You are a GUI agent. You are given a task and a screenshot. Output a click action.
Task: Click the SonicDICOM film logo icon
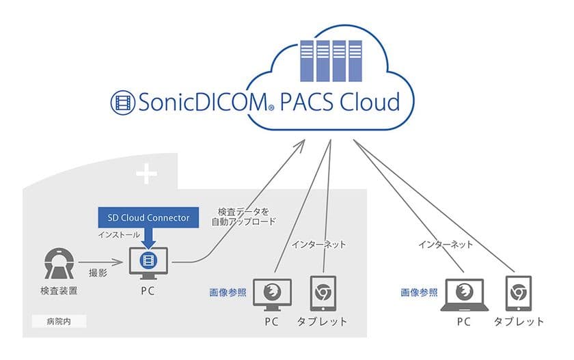pyautogui.click(x=123, y=102)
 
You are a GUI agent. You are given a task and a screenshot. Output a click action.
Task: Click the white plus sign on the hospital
pyautogui.click(x=146, y=176)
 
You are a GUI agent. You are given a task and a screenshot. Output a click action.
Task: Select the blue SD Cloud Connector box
pyautogui.click(x=148, y=217)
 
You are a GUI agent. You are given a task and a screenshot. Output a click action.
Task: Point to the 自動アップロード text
pyautogui.click(x=246, y=221)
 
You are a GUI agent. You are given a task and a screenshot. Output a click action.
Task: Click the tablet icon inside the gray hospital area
pyautogui.click(x=322, y=294)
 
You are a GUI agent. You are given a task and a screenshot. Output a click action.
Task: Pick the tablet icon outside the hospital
pyautogui.click(x=517, y=294)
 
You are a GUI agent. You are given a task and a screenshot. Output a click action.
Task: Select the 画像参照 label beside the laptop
pyautogui.click(x=418, y=292)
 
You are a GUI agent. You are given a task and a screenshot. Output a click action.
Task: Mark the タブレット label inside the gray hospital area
pyautogui.click(x=322, y=321)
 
